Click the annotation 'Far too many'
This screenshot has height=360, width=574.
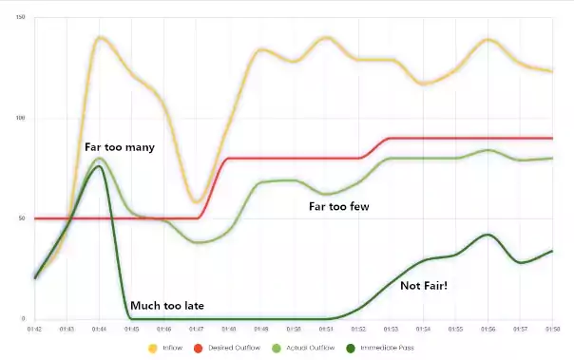119,147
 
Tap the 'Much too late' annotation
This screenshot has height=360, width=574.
166,306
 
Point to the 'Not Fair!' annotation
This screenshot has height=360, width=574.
425,285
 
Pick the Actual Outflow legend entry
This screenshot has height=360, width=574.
320,350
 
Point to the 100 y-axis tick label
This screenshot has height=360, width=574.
21,119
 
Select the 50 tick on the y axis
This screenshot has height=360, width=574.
23,218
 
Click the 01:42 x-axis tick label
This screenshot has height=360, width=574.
34,329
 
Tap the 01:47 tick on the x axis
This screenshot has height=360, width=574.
197,329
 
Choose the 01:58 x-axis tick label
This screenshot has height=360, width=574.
552,329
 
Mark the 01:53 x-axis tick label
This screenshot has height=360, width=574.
391,329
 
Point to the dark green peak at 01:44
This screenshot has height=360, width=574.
99,167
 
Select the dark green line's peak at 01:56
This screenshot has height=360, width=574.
488,235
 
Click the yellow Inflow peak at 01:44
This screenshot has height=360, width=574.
100,38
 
